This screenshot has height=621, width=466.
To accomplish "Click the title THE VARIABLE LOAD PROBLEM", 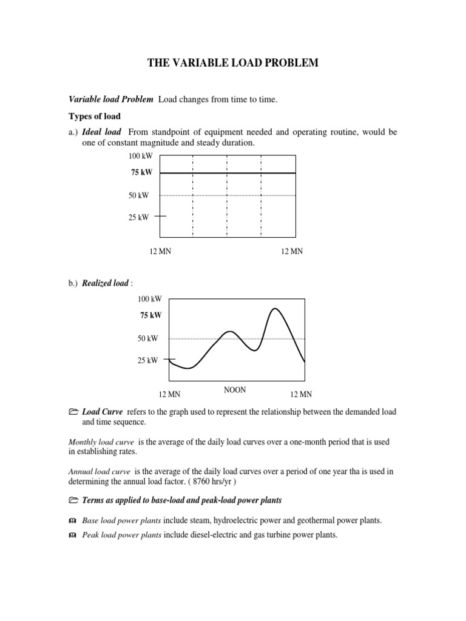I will point(233,63).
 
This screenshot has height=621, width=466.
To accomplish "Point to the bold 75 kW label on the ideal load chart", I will point(141,173).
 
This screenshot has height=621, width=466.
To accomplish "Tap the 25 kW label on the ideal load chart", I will point(138,217).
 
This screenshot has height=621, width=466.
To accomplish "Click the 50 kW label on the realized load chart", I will point(147,338).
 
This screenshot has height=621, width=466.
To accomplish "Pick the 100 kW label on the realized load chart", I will point(149,299).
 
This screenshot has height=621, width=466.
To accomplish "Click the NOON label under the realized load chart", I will point(235,390).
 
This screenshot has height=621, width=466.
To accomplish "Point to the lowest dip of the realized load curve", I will point(189,368).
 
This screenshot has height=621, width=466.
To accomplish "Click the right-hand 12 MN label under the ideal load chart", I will point(291,252).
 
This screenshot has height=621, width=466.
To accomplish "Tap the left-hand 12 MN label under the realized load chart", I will point(169,394).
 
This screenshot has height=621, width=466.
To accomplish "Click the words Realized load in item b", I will point(105,283).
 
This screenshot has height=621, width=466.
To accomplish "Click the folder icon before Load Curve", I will point(73,412).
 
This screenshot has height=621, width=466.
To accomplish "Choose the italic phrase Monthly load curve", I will point(99,442).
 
